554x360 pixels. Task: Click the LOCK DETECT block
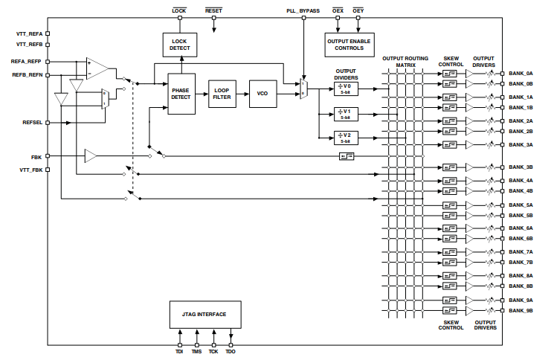pyautogui.click(x=180, y=45)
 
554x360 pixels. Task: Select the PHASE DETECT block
pyautogui.click(x=181, y=94)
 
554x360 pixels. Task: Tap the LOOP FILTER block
pyautogui.click(x=222, y=94)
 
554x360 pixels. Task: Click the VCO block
pyautogui.click(x=262, y=94)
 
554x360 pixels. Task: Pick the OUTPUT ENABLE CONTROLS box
pyautogui.click(x=350, y=45)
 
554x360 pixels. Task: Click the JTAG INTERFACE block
pyautogui.click(x=204, y=315)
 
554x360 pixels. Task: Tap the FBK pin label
pyautogui.click(x=36, y=156)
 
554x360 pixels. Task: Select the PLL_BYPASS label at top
pyautogui.click(x=303, y=11)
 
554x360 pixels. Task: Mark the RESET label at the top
pyautogui.click(x=213, y=11)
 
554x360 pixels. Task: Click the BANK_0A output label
pyautogui.click(x=521, y=74)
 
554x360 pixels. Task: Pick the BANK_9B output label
pyautogui.click(x=521, y=309)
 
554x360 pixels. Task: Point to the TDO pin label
pyautogui.click(x=231, y=351)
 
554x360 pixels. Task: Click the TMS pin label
pyautogui.click(x=196, y=351)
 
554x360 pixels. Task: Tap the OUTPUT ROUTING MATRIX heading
pyautogui.click(x=405, y=62)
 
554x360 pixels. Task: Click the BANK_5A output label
pyautogui.click(x=521, y=205)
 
